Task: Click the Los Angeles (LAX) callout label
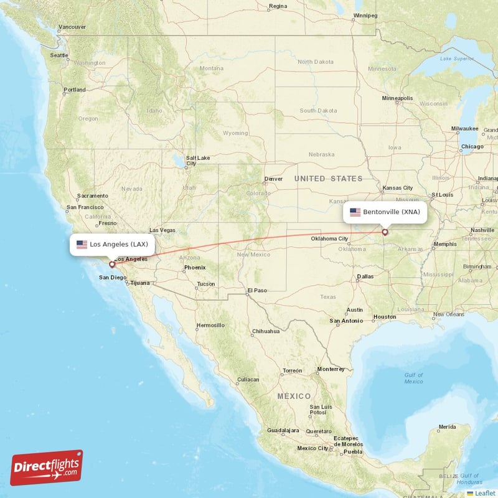[x=112, y=244]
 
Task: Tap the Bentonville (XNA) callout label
[x=385, y=212]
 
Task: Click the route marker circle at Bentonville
[x=385, y=232]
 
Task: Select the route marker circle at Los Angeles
[x=112, y=264]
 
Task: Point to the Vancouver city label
[x=72, y=27]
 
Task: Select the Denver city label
[x=273, y=179]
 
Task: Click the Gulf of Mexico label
[x=413, y=378]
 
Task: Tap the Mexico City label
[x=312, y=448]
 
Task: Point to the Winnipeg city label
[x=365, y=15]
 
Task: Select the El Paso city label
[x=256, y=290]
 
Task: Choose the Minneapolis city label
[x=397, y=98]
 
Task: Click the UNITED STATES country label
[x=328, y=179]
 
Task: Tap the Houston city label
[x=384, y=317]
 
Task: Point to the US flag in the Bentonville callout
[x=355, y=212]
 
